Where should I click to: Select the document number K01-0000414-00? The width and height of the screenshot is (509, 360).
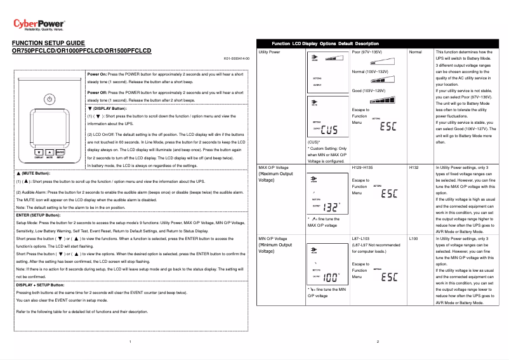[x=237, y=58]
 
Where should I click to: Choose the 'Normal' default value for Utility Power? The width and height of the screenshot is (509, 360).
[x=416, y=51]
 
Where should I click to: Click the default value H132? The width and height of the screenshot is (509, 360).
[x=415, y=168]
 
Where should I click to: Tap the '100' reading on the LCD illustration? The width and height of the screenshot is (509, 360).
[x=331, y=277]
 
